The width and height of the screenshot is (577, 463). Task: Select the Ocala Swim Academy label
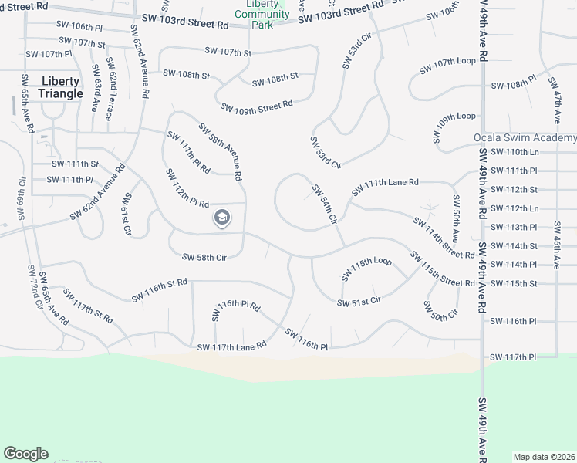point(525,138)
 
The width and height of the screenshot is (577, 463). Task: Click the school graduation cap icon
point(221,218)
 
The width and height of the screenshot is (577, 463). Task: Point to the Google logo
point(25,454)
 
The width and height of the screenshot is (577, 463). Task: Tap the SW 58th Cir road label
point(204,257)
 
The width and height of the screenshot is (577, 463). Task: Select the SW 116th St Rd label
point(160,290)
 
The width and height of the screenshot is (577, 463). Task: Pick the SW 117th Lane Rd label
point(231,346)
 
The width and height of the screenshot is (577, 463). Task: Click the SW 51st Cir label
point(359,301)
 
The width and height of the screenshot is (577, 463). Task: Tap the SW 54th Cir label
point(325,204)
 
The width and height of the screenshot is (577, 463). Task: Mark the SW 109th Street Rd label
point(256,105)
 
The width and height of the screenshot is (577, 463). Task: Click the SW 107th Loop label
point(448,65)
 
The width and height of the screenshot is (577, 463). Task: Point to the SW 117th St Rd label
point(88,306)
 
